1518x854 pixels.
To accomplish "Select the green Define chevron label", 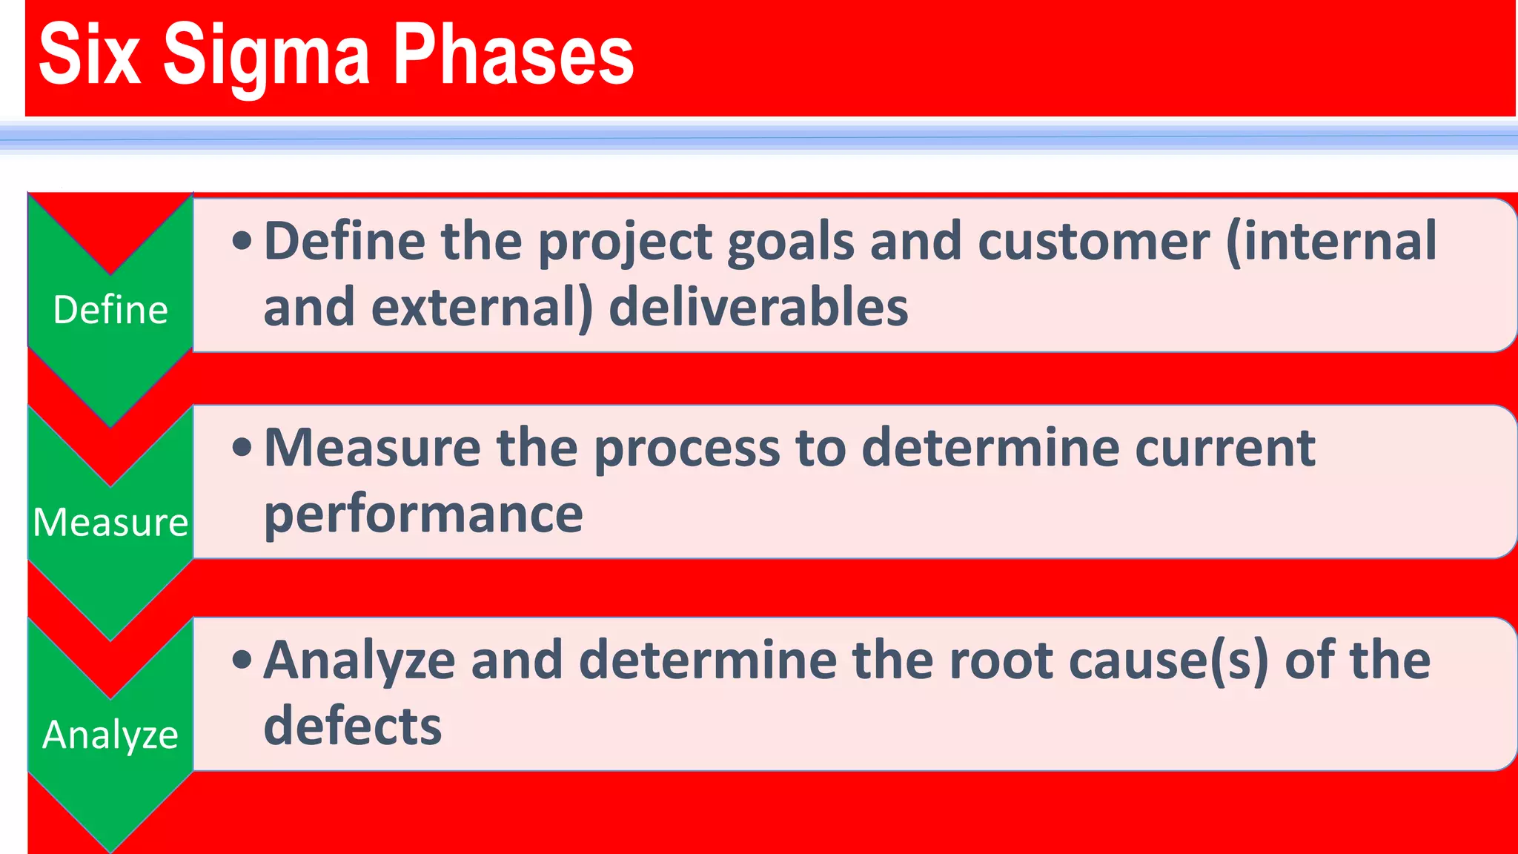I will pyautogui.click(x=110, y=310).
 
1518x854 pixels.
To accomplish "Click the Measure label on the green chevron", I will pyautogui.click(x=110, y=522).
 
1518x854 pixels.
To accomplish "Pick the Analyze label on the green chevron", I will pyautogui.click(x=110, y=735).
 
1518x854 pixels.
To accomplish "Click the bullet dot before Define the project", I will pyautogui.click(x=242, y=241).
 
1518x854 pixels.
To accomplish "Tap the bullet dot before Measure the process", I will pyautogui.click(x=242, y=447).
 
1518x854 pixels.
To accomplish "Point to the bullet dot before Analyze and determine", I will pyautogui.click(x=242, y=659).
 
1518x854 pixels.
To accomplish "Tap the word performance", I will pyautogui.click(x=423, y=514).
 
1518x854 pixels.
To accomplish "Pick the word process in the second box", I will pyautogui.click(x=687, y=449).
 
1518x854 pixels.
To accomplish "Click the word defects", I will pyautogui.click(x=353, y=725).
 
